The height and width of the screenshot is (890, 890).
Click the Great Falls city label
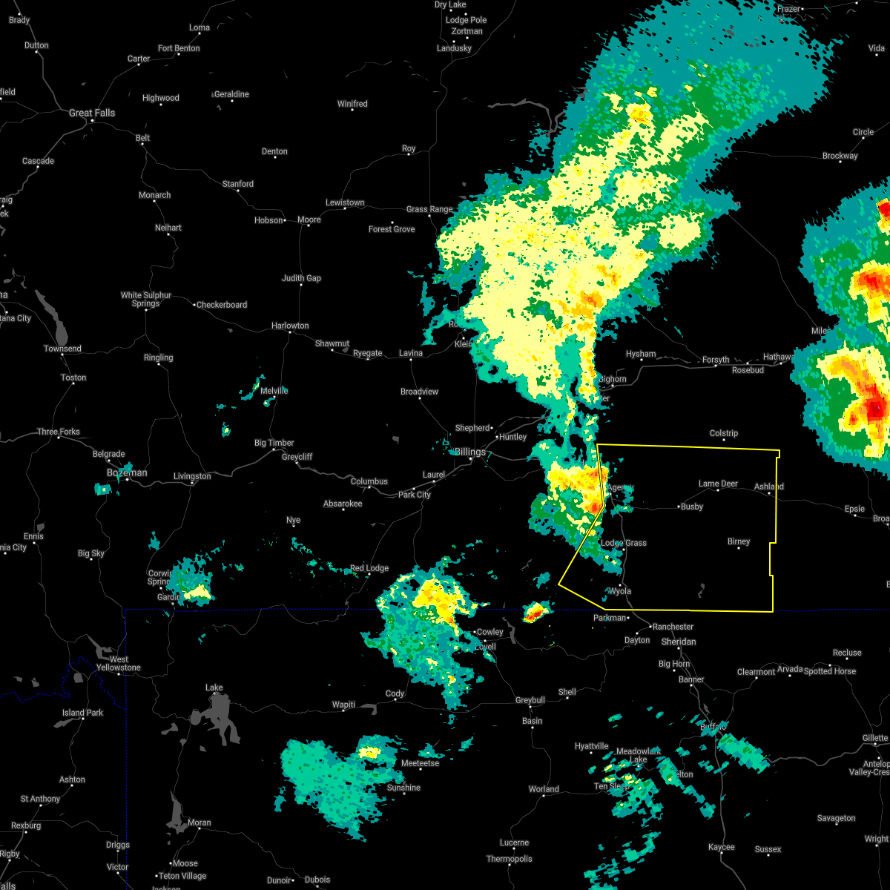[x=92, y=113]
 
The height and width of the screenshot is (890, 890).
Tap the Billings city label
[x=469, y=452]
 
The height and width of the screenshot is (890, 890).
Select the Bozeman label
[x=127, y=472]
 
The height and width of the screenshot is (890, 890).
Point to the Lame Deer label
[x=718, y=484]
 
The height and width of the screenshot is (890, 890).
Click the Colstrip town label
[x=723, y=433]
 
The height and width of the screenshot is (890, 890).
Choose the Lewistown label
[x=345, y=202]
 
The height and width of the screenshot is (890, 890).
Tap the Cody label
[x=395, y=693]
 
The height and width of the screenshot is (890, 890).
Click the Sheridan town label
[x=679, y=642]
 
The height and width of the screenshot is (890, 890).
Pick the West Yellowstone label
[x=119, y=663]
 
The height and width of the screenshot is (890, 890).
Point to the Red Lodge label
[x=369, y=568]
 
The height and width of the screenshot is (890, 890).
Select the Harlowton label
[x=290, y=326]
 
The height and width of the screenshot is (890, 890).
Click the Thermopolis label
[x=510, y=859]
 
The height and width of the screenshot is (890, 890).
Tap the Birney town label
[x=739, y=541]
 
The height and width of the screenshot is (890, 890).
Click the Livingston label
[x=192, y=476]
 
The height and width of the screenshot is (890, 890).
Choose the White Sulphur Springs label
[x=146, y=299]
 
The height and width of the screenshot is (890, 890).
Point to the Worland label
[x=544, y=789]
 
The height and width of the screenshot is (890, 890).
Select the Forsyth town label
[x=716, y=360]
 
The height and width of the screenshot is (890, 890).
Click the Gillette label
[x=875, y=738]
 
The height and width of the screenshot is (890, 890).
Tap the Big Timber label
[x=274, y=443]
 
